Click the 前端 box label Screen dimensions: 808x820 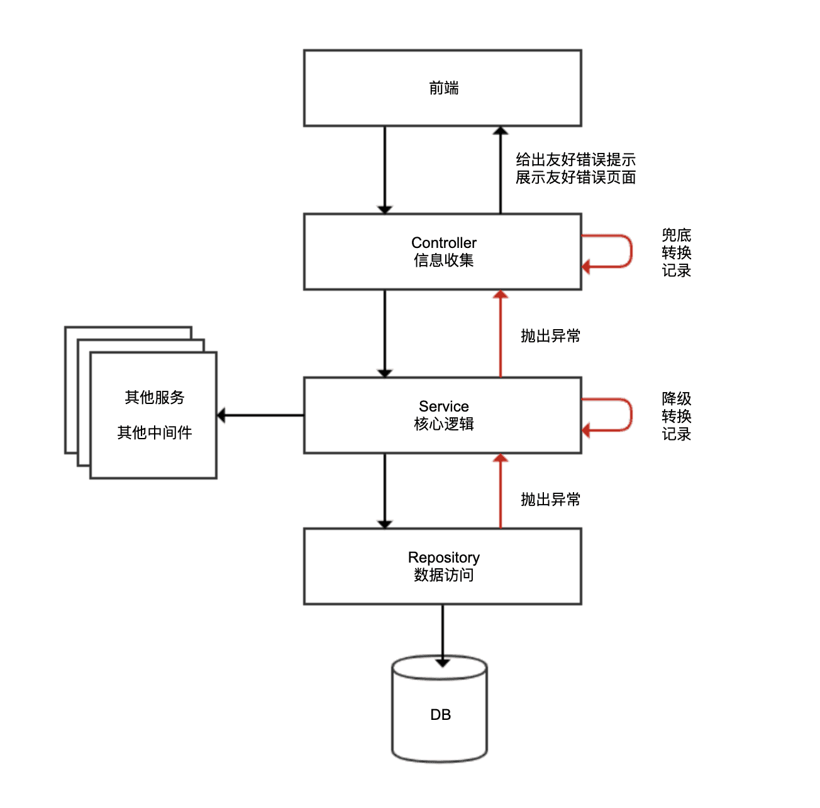(x=443, y=88)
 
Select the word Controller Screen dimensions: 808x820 (x=443, y=243)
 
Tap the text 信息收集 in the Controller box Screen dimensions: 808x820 (x=443, y=261)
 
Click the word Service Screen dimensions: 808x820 (x=443, y=407)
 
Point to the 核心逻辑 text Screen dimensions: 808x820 (x=443, y=424)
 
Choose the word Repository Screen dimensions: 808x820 (x=443, y=558)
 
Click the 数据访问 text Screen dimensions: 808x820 (x=443, y=575)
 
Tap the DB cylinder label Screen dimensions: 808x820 (x=440, y=715)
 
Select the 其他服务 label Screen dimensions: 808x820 (x=155, y=398)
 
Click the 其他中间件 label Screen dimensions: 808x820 (x=155, y=433)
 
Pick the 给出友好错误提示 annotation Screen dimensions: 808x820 (x=575, y=160)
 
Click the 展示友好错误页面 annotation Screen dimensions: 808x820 (x=575, y=178)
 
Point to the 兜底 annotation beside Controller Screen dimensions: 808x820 (x=677, y=235)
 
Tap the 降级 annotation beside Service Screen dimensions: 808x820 (x=677, y=399)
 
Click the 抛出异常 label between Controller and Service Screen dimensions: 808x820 (x=550, y=336)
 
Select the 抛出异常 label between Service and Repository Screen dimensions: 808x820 (x=550, y=500)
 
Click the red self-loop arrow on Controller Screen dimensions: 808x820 (x=630, y=252)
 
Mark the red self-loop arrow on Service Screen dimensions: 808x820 (x=630, y=415)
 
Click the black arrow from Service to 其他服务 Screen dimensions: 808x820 (x=260, y=415)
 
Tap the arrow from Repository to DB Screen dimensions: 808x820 (x=442, y=632)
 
